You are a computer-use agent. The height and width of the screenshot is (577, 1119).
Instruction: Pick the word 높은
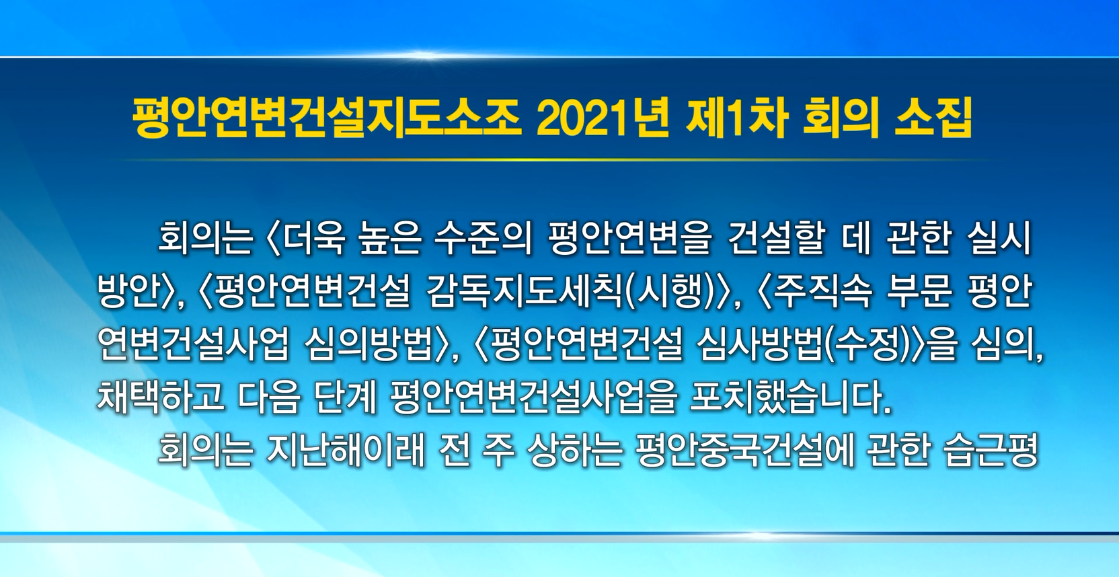tap(391, 239)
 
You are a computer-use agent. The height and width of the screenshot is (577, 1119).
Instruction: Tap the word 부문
tap(919, 293)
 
